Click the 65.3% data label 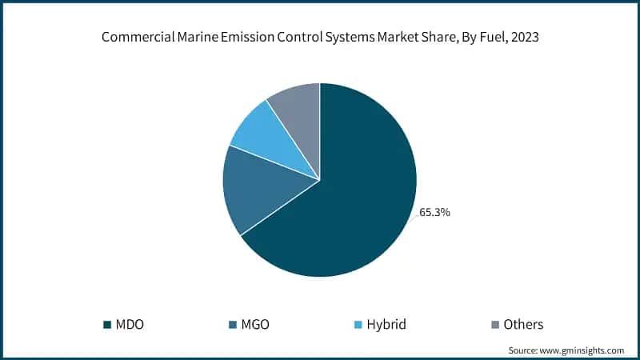point(435,214)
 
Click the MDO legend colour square point(106,325)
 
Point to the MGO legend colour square point(232,325)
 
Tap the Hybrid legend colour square point(358,325)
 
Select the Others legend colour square point(494,325)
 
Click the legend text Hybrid point(386,325)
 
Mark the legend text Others point(524,325)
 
